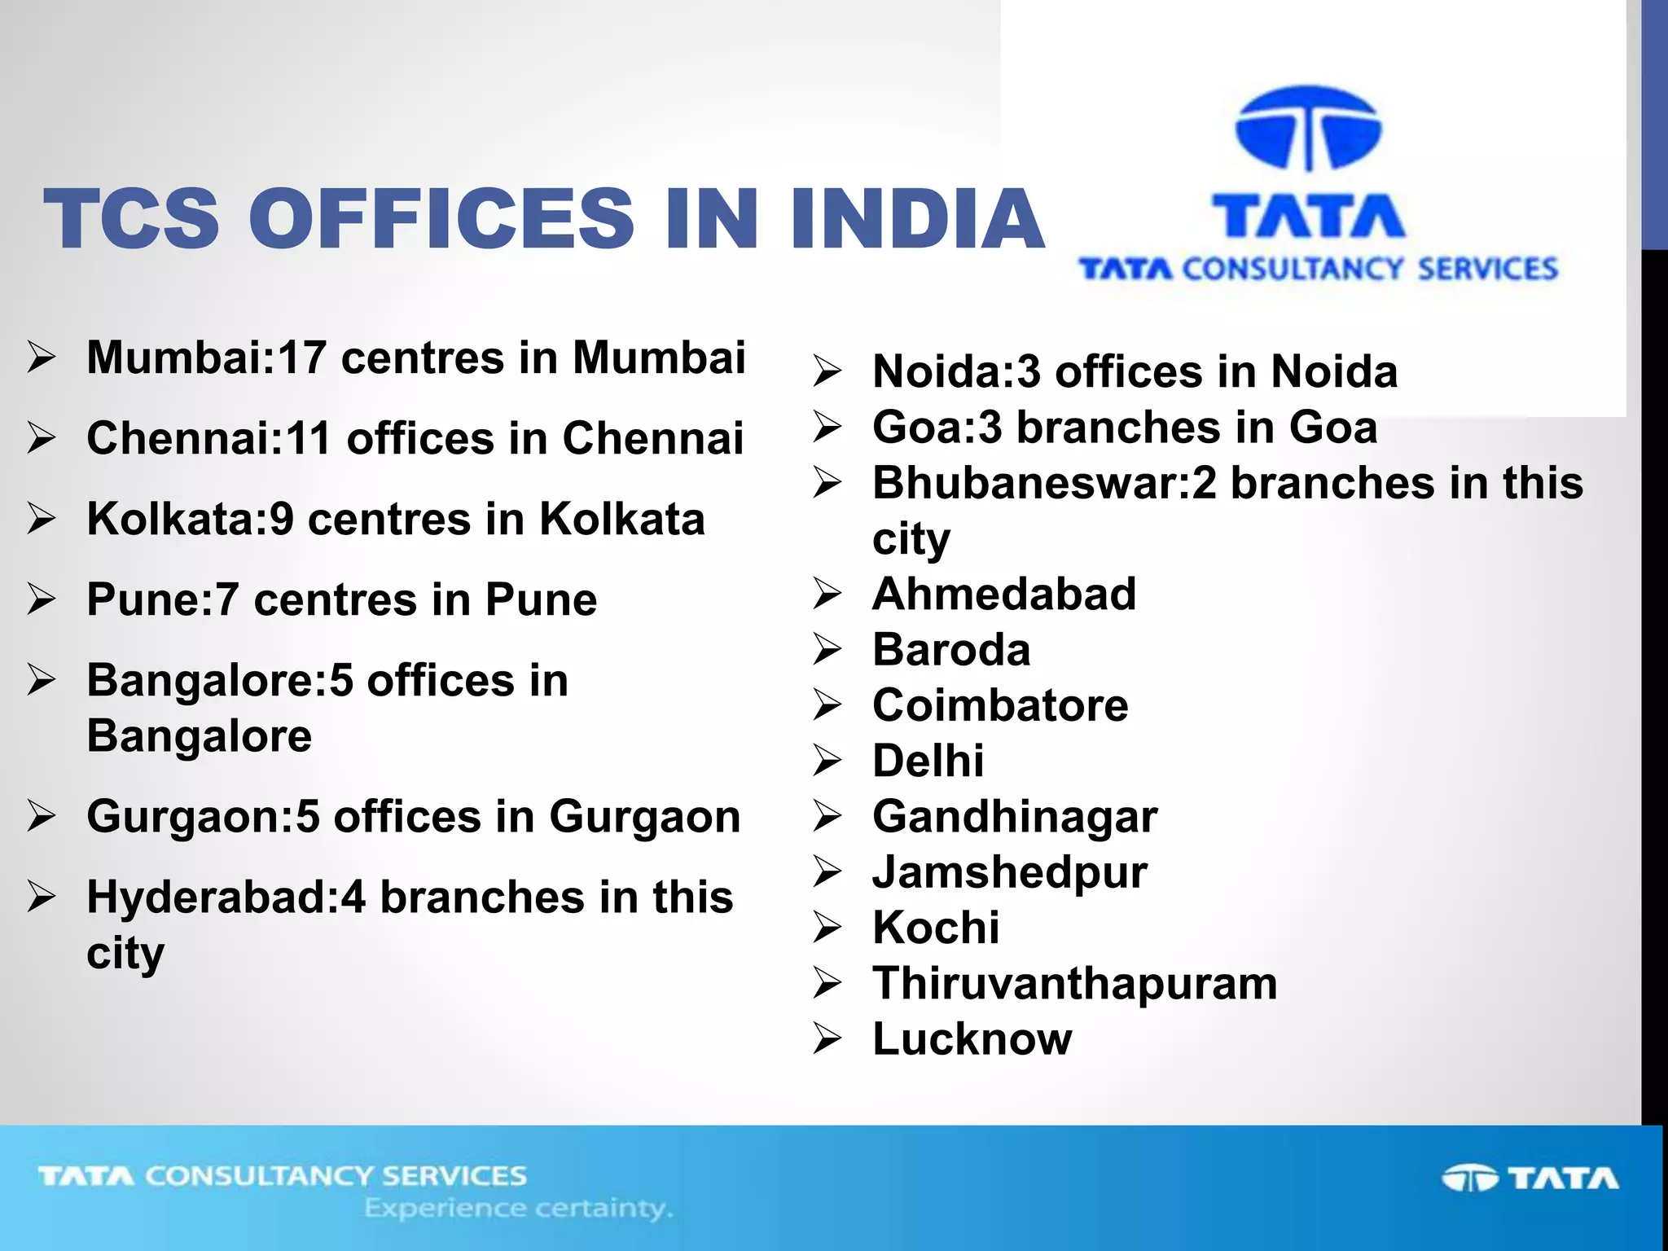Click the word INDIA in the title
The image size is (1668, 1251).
tap(916, 218)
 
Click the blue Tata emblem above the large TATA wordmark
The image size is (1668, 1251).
tap(1308, 129)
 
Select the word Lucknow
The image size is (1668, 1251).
tap(972, 1039)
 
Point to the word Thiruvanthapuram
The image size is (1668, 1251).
tap(1075, 983)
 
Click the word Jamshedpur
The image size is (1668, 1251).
tap(1010, 872)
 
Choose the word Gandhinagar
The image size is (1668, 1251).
tap(1015, 816)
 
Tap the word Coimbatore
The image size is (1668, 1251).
tap(1000, 705)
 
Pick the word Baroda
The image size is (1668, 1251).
tap(951, 650)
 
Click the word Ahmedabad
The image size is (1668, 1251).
tap(1004, 594)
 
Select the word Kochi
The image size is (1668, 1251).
tap(936, 928)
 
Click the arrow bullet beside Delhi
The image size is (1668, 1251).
tap(827, 761)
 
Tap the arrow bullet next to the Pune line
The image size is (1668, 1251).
tap(41, 599)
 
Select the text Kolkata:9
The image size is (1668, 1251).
tap(191, 519)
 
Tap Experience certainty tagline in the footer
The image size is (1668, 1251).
tap(518, 1208)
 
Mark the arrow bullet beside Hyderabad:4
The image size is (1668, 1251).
tap(41, 897)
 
